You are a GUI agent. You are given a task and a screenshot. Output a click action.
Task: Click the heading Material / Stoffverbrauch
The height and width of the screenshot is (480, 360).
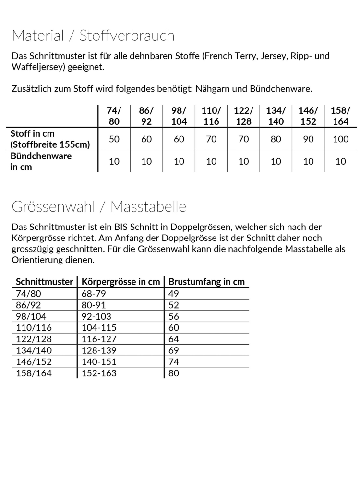[93, 36]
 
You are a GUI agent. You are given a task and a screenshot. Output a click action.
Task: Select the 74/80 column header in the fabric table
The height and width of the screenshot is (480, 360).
[114, 116]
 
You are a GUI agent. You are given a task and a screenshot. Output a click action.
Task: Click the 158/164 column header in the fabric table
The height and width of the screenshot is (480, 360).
[340, 116]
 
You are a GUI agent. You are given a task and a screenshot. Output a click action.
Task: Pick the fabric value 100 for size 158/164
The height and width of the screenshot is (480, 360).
[340, 139]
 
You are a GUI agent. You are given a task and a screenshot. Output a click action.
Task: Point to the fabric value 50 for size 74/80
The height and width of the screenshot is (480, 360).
[114, 139]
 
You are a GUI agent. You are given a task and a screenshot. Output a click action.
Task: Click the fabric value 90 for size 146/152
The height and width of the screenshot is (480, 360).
[308, 139]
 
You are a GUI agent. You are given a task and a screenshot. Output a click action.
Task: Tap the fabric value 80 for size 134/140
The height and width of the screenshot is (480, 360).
[276, 139]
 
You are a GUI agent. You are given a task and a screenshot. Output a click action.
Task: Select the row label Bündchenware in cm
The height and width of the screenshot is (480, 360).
[41, 161]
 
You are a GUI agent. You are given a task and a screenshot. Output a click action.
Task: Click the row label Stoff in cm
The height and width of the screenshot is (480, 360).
[33, 134]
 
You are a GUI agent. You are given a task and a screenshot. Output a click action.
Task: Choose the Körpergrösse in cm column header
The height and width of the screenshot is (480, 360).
[120, 282]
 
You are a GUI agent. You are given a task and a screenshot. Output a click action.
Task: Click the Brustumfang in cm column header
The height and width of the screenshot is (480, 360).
[207, 282]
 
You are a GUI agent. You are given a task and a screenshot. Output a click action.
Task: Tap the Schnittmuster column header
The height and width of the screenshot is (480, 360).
[44, 282]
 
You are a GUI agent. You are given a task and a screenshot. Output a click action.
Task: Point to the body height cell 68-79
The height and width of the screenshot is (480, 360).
[93, 293]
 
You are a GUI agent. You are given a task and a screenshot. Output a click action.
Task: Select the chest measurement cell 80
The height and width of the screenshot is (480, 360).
[174, 373]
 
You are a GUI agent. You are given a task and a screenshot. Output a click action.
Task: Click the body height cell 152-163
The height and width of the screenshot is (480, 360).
[99, 373]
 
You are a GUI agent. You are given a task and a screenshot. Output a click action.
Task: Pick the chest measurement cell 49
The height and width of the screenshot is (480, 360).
[174, 293]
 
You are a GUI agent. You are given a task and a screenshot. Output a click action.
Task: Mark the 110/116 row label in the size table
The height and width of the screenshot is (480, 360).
[33, 327]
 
